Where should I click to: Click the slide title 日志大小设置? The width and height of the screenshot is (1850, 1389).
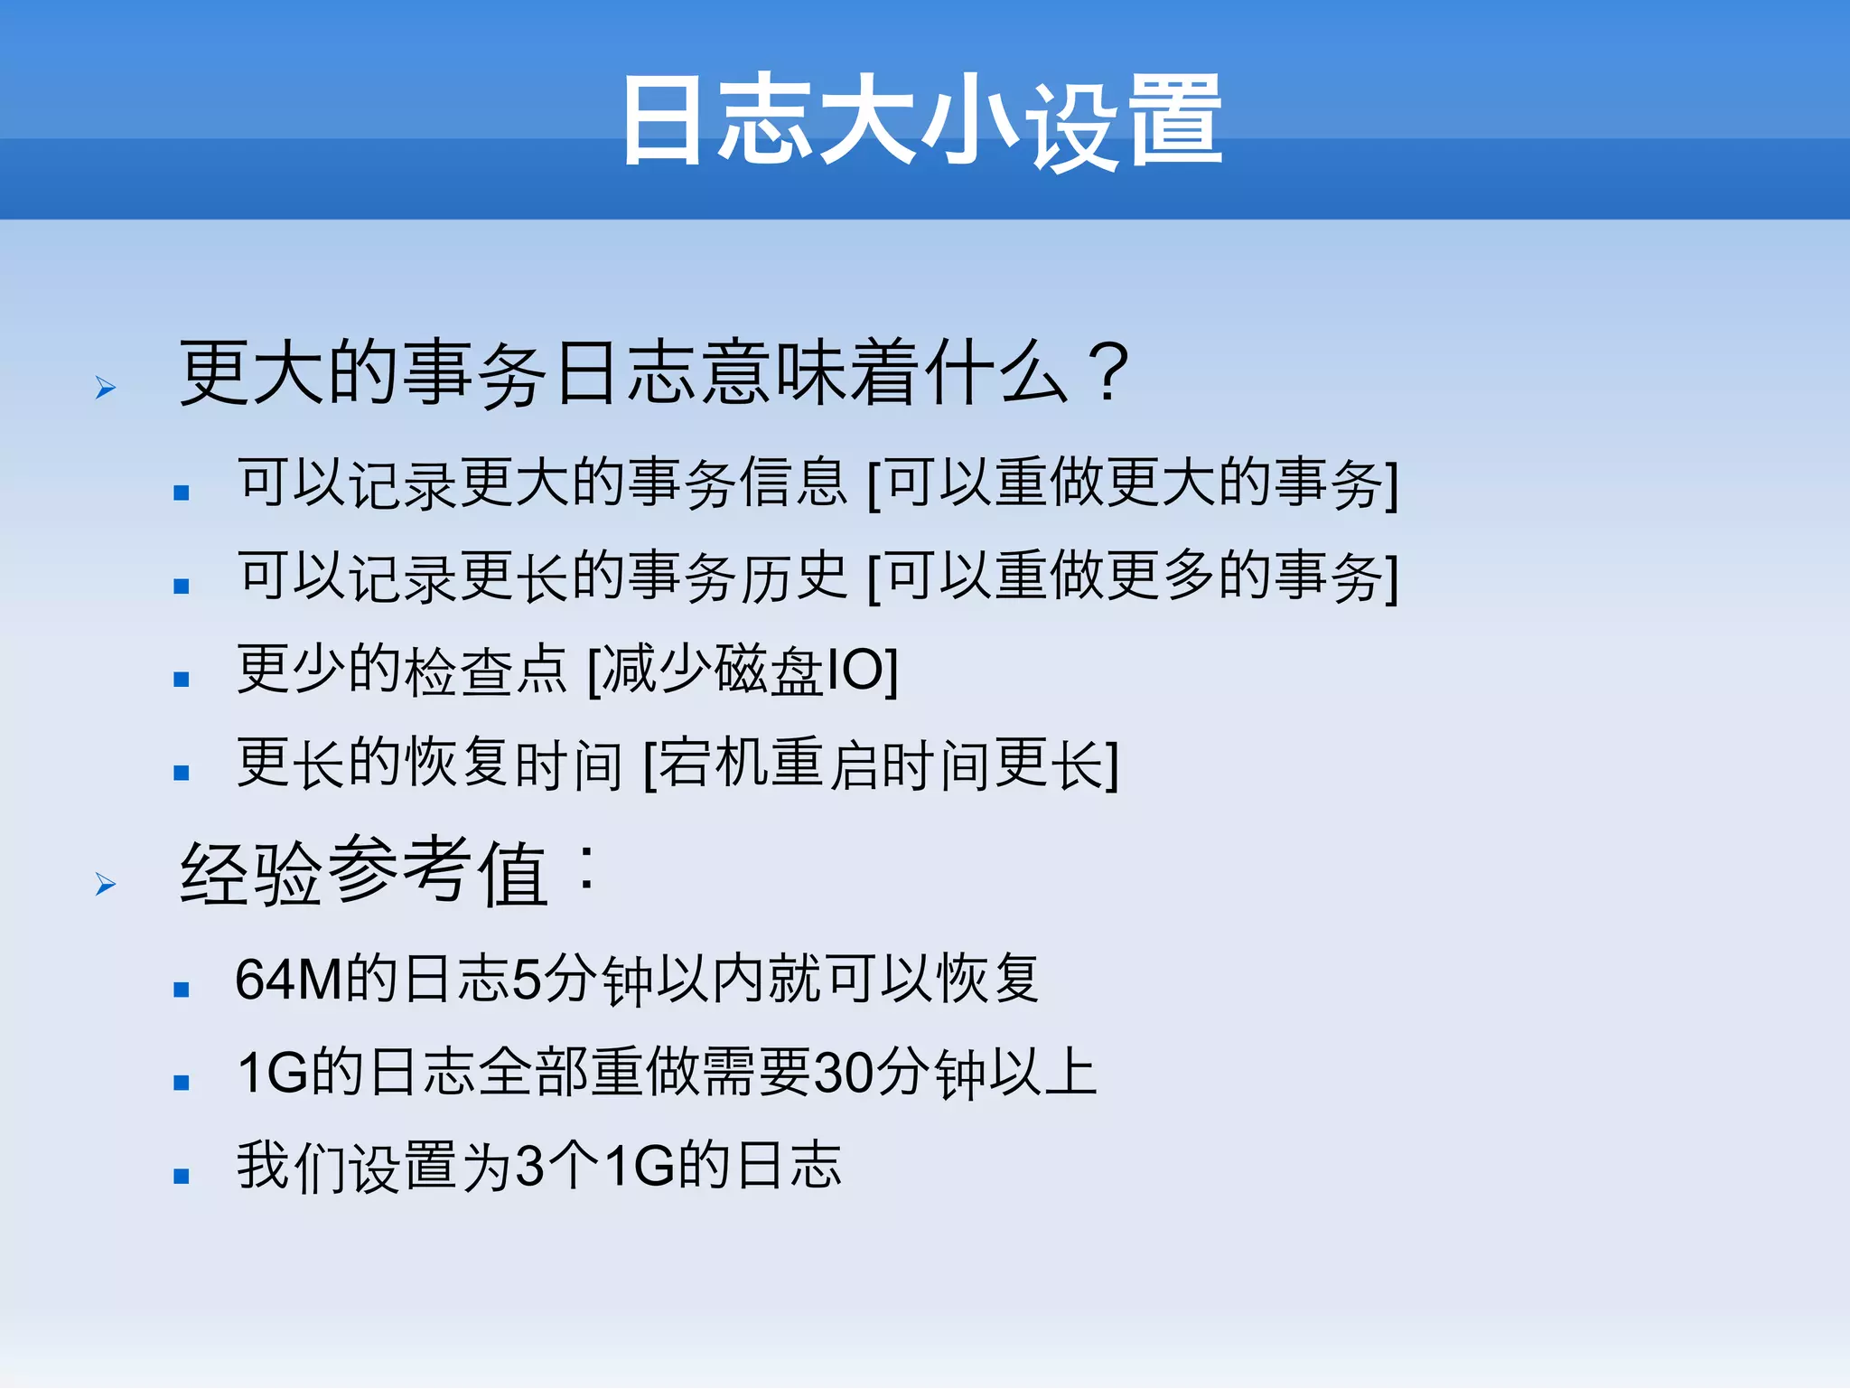click(921, 121)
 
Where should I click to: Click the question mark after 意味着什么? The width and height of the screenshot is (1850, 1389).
click(1108, 372)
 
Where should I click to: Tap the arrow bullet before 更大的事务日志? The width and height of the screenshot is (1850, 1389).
click(106, 389)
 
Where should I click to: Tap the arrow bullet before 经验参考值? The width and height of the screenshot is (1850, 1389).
click(106, 884)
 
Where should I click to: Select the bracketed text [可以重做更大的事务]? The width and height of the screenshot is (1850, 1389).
click(1133, 483)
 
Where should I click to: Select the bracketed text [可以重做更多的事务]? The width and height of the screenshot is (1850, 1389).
click(1133, 577)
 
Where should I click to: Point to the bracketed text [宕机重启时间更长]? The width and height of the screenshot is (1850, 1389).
click(882, 765)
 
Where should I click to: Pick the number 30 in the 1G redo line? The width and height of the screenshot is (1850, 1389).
click(844, 1074)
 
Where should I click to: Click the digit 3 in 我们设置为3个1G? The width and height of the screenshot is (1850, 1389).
click(530, 1166)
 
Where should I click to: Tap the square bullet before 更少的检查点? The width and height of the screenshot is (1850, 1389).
click(182, 680)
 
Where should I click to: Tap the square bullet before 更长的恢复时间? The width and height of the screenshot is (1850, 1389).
click(182, 773)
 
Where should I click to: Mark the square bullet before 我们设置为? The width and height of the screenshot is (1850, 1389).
click(182, 1176)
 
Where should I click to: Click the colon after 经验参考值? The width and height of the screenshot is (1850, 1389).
click(587, 869)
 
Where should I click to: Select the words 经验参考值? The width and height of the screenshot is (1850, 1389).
click(363, 873)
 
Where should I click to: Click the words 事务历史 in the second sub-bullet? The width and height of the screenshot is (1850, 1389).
click(738, 577)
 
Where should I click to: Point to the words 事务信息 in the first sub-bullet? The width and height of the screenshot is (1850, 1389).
click(738, 483)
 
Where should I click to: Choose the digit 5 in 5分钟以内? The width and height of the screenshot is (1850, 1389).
click(526, 980)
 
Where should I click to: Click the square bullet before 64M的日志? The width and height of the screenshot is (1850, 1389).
click(182, 990)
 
